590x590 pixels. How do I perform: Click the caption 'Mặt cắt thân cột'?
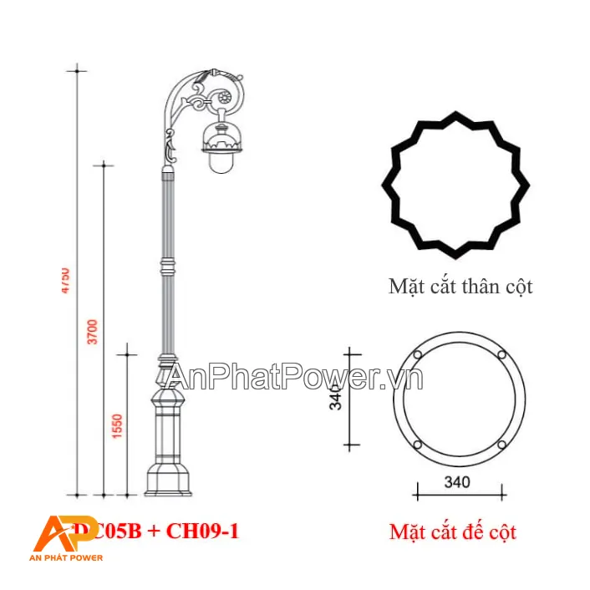(x=460, y=287)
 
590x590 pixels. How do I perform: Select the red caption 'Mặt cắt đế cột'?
(x=453, y=532)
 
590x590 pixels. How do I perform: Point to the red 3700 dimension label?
(x=93, y=332)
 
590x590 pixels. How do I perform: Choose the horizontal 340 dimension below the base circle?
(x=457, y=482)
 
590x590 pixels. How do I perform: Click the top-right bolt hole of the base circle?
(x=501, y=355)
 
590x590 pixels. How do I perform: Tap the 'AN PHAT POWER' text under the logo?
(x=67, y=557)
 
